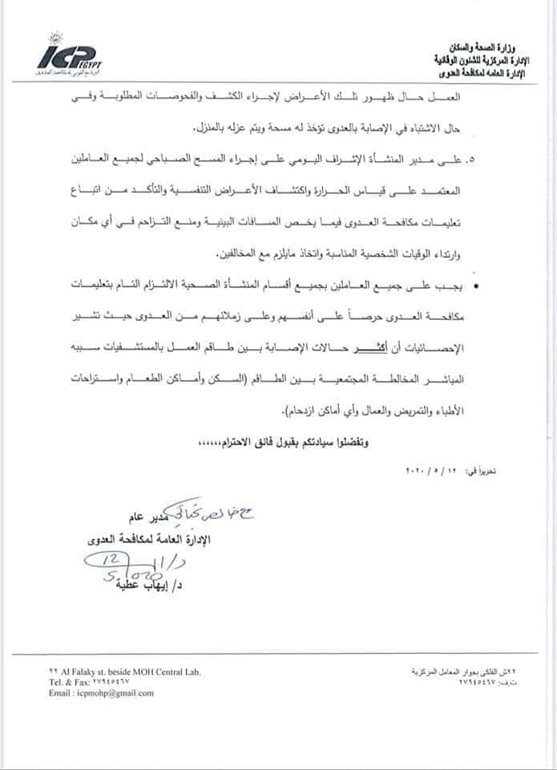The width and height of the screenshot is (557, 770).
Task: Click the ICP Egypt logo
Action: pos(71,56)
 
